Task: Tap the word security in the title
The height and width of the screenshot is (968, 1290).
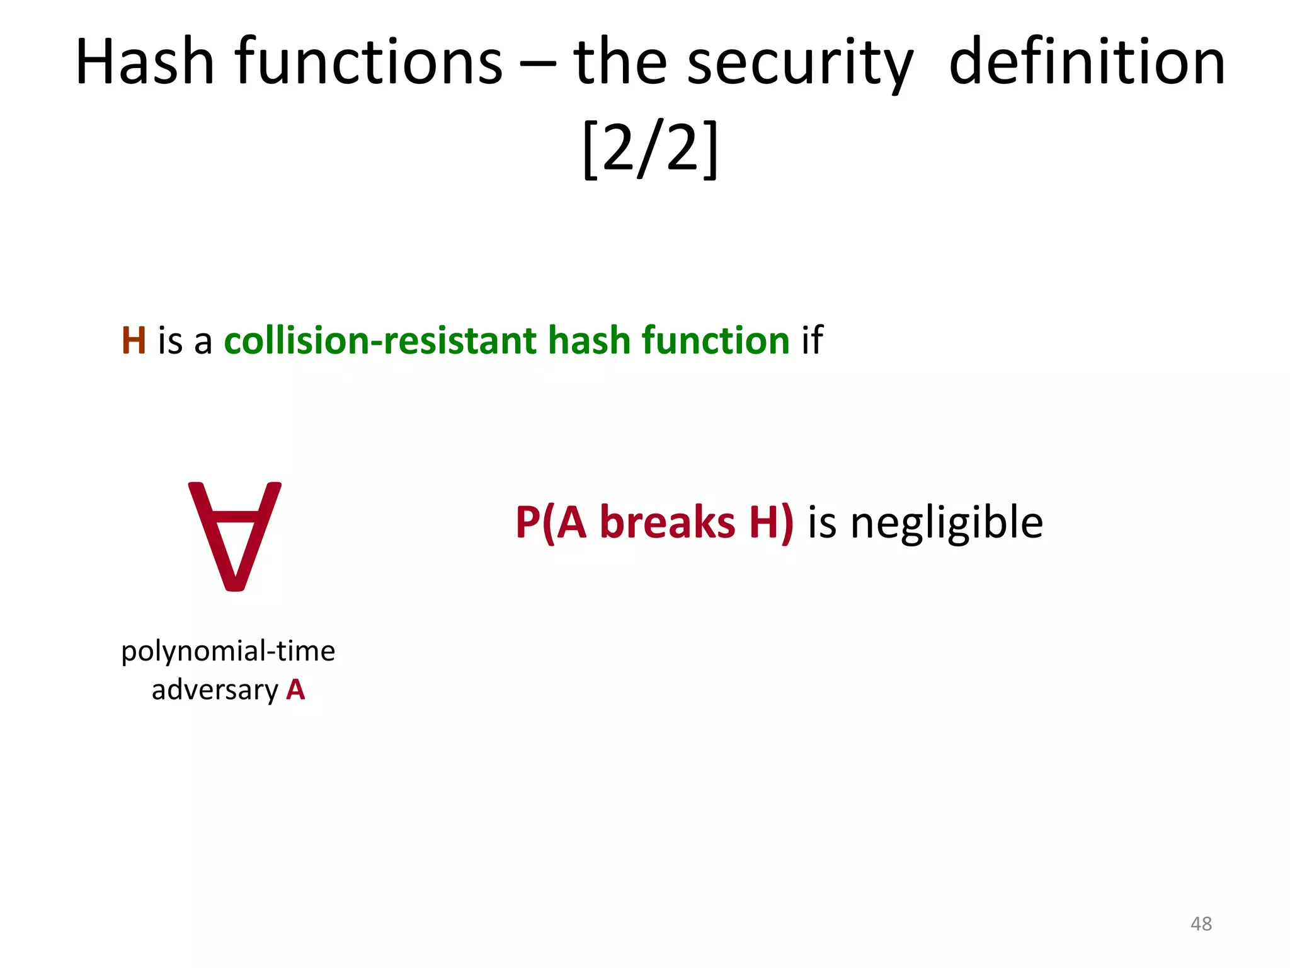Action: (800, 63)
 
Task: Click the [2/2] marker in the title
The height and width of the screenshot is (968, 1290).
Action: (650, 149)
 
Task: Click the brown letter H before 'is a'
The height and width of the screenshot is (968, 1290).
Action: (134, 341)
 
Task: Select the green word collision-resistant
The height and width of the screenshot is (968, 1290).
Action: (380, 341)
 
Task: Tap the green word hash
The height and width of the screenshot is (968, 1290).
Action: (589, 341)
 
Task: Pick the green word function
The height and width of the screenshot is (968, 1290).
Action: (716, 341)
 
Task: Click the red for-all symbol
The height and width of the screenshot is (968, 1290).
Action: (235, 536)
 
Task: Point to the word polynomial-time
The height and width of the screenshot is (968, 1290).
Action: (228, 652)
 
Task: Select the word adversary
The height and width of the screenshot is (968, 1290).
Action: (215, 690)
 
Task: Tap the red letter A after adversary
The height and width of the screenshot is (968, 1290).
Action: (295, 690)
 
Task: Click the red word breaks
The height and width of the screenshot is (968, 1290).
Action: (667, 522)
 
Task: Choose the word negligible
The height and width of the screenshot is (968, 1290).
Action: (947, 524)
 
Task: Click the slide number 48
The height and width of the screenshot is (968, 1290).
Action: (1201, 924)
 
